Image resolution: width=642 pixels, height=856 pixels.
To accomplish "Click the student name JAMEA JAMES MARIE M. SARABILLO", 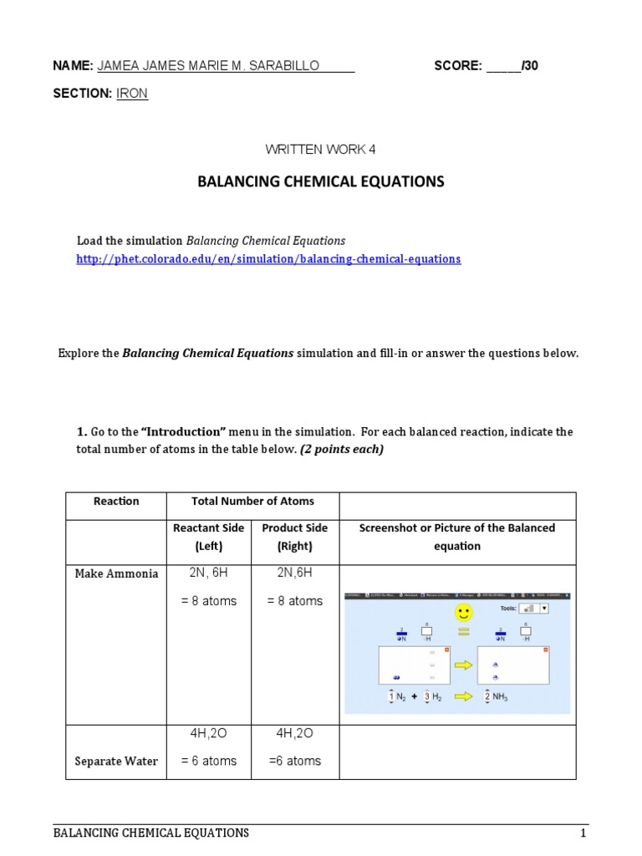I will tap(209, 66).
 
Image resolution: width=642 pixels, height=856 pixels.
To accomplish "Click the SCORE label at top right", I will tap(457, 66).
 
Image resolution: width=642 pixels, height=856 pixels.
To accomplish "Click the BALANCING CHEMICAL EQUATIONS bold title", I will tap(321, 181).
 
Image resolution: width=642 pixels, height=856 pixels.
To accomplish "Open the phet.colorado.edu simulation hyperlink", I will tap(268, 259).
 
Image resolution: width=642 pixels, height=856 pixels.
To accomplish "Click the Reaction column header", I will tap(116, 502).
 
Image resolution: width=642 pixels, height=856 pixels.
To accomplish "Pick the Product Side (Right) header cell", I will tap(295, 537).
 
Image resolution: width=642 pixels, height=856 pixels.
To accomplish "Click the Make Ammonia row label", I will tap(116, 573).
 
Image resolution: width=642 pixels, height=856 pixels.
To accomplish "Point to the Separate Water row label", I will tap(116, 762).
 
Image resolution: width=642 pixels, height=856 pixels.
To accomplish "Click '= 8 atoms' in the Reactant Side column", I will tap(208, 601).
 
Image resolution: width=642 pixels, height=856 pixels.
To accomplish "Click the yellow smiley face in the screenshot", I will tap(463, 614).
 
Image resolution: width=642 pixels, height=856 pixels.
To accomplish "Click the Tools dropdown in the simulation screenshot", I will tap(533, 609).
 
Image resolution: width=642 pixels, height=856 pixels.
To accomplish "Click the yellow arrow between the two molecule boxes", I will tap(463, 665).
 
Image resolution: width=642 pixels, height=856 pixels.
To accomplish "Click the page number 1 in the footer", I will tap(584, 833).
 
